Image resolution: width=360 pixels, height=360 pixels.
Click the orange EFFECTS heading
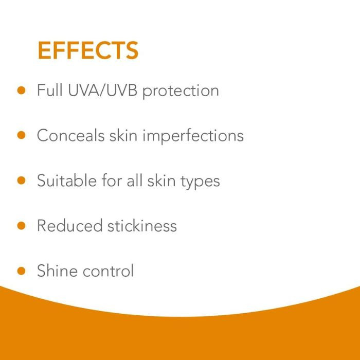(x=88, y=50)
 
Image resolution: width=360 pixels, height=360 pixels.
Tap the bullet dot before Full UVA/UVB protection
(x=21, y=90)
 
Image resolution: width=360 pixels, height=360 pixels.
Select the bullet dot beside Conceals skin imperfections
(x=21, y=135)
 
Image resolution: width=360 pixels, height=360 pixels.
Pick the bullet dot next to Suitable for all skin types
(x=21, y=181)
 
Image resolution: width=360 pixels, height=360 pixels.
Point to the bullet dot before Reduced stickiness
(x=21, y=225)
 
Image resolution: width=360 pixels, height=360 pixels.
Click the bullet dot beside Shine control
(x=21, y=271)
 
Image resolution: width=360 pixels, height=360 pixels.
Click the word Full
(x=48, y=91)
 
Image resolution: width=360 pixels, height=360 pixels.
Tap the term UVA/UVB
(x=101, y=91)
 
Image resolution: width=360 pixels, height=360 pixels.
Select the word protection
(x=181, y=92)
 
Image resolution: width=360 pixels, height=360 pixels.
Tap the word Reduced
(x=69, y=226)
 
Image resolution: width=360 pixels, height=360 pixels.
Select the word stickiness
(x=142, y=226)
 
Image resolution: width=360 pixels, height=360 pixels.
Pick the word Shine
(x=57, y=271)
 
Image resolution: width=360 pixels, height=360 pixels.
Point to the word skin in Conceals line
(x=123, y=136)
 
